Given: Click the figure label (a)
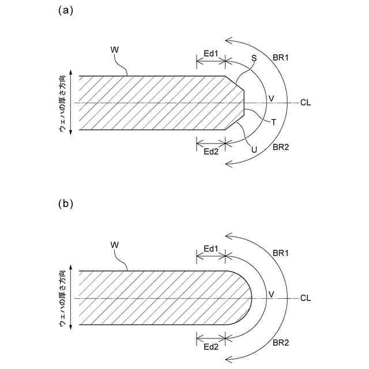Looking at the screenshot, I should tap(65, 10).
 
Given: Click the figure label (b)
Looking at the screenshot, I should tap(65, 204).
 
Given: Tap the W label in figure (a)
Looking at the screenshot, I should tap(114, 50).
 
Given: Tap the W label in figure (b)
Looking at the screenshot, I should tap(114, 245).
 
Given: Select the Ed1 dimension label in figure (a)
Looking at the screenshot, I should tap(211, 54).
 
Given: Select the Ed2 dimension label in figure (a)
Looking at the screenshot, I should tap(211, 151).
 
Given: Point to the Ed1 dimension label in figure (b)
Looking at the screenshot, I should tap(211, 248).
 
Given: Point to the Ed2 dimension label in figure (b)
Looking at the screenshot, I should tap(211, 346).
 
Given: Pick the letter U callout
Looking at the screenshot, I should tap(254, 149).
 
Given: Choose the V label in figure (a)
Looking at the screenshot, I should tap(272, 99).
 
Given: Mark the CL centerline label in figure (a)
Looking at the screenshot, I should tap(306, 103).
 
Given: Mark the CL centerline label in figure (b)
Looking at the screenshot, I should tap(306, 298).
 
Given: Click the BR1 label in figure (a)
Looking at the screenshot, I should tap(281, 58).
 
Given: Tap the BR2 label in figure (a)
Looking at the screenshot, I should tap(281, 147).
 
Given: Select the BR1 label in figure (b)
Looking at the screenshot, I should tap(281, 253).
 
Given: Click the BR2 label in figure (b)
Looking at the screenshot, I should tap(281, 342).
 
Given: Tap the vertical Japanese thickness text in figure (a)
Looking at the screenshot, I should tap(61, 103).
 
